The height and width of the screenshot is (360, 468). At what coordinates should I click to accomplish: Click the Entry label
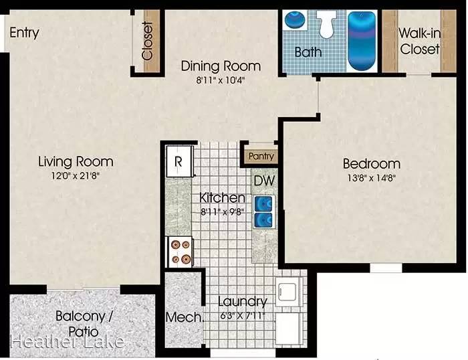click(x=24, y=33)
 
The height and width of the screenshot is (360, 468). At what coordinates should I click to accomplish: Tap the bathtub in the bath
click(x=362, y=41)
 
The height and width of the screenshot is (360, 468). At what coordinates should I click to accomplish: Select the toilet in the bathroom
click(x=326, y=24)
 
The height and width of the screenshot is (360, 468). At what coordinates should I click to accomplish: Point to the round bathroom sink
click(x=294, y=19)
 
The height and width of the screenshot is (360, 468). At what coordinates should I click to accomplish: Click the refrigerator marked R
click(x=179, y=161)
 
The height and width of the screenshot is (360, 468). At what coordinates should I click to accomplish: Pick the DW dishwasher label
click(x=265, y=181)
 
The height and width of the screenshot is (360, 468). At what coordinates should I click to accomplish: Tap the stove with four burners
click(x=181, y=252)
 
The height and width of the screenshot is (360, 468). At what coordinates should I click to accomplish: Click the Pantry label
click(x=261, y=157)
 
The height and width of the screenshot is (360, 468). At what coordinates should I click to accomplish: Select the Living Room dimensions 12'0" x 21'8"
click(x=75, y=176)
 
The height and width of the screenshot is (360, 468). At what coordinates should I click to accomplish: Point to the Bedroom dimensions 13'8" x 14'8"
click(x=372, y=178)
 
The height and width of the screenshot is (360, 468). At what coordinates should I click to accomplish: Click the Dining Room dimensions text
click(x=221, y=80)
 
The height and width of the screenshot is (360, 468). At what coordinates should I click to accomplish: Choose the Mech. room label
click(x=184, y=317)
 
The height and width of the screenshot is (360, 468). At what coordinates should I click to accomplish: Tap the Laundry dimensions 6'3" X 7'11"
click(x=242, y=315)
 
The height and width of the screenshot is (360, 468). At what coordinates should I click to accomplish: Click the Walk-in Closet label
click(x=420, y=41)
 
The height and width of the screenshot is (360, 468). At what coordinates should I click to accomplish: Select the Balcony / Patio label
click(x=84, y=324)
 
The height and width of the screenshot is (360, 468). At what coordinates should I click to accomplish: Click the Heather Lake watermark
click(x=67, y=342)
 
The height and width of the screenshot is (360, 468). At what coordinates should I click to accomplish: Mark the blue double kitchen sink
click(x=263, y=211)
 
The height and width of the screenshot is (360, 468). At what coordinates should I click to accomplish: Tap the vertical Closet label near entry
click(x=148, y=41)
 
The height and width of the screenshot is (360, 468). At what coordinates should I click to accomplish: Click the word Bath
click(x=308, y=52)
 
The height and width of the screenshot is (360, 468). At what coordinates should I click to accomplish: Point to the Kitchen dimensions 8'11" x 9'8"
click(x=223, y=212)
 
